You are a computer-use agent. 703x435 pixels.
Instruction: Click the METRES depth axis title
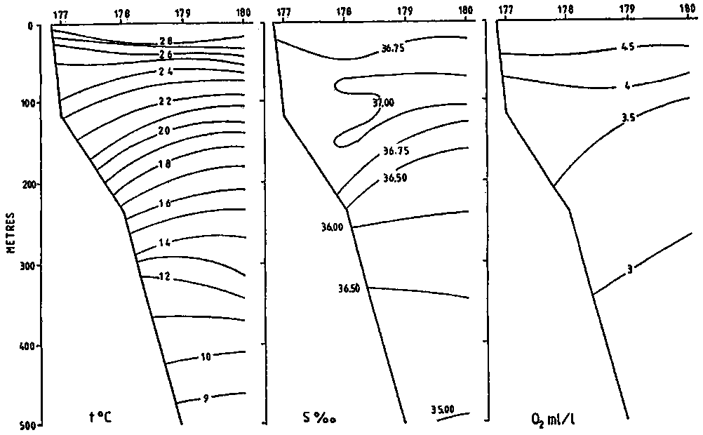[x=12, y=233]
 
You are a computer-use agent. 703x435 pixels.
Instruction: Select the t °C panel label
[x=100, y=417]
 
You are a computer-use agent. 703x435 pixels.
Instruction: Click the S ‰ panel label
[x=320, y=418]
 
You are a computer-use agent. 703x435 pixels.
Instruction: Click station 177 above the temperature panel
[x=60, y=15]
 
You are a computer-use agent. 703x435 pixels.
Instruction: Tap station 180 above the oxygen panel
[x=688, y=8]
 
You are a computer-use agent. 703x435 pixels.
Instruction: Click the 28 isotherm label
[x=166, y=41]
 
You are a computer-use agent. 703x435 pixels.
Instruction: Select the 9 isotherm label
[x=206, y=398]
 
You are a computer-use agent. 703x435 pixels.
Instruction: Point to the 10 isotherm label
[x=206, y=357]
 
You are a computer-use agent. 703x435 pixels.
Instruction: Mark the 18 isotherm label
[x=165, y=164]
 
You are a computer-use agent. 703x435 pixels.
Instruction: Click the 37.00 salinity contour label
[x=383, y=102]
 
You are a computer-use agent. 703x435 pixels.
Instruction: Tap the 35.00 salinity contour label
[x=443, y=410]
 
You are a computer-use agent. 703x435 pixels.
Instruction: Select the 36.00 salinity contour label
[x=332, y=227]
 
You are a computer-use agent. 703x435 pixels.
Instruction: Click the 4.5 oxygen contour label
[x=628, y=46]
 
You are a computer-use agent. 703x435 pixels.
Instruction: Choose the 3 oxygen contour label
[x=629, y=269]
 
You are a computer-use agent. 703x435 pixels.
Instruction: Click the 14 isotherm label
[x=165, y=243]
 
